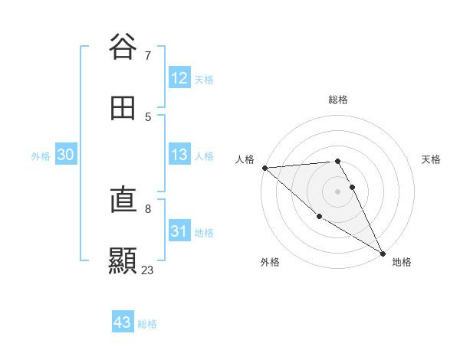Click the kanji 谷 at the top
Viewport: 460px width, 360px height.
pyautogui.click(x=123, y=47)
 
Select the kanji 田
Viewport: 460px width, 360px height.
pyautogui.click(x=123, y=108)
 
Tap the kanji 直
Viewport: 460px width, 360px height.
pyautogui.click(x=123, y=201)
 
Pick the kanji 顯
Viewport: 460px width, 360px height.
pyautogui.click(x=123, y=260)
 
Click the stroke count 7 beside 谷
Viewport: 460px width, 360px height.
pyautogui.click(x=148, y=56)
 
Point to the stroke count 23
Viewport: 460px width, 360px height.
pyautogui.click(x=147, y=270)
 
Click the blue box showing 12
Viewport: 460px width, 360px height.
pyautogui.click(x=179, y=78)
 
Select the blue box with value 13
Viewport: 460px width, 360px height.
pyautogui.click(x=179, y=155)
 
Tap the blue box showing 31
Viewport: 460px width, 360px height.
pyautogui.click(x=179, y=231)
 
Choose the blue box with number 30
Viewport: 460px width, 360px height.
pyautogui.click(x=66, y=155)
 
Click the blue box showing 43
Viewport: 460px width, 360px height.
pyautogui.click(x=123, y=322)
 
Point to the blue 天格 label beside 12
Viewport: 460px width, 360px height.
pyautogui.click(x=204, y=79)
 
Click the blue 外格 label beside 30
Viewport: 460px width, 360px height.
pyautogui.click(x=41, y=155)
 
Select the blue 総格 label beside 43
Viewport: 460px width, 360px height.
pyautogui.click(x=147, y=323)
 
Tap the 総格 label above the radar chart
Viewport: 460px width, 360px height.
pyautogui.click(x=338, y=100)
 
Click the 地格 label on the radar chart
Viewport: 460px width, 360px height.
pyautogui.click(x=402, y=262)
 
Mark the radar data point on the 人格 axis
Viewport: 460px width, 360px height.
pyautogui.click(x=264, y=168)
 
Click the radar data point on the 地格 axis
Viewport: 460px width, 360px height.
pyautogui.click(x=383, y=254)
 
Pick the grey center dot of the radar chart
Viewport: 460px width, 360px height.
pyautogui.click(x=338, y=191)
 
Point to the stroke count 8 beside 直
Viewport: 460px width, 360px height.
pyautogui.click(x=148, y=208)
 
